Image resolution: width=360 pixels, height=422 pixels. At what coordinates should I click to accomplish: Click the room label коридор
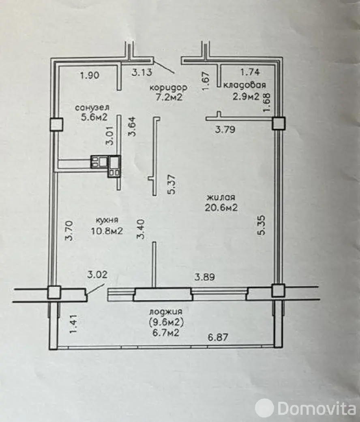pos(168,87)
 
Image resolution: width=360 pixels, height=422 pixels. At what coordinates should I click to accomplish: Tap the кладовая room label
pos(245,85)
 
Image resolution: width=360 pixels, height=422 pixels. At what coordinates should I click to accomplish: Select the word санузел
pos(92,107)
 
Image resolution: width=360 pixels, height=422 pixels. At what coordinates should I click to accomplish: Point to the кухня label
pos(107,220)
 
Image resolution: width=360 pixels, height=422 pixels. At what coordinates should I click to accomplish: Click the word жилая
pos(221,197)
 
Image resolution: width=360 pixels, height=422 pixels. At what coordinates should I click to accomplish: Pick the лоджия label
pos(166,312)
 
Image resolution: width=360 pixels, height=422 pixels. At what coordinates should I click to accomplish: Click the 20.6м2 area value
pos(221,208)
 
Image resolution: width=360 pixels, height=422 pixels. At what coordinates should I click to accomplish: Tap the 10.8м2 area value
pos(107,231)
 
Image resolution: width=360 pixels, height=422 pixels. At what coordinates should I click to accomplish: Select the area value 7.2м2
pos(169,97)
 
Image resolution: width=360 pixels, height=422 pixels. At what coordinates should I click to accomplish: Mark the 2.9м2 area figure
pos(246,96)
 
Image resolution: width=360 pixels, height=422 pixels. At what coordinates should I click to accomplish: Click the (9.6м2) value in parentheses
pos(166,322)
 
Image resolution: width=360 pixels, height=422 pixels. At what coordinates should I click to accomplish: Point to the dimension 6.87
pos(218,337)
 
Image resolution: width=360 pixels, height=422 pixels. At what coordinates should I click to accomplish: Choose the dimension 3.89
pos(205,277)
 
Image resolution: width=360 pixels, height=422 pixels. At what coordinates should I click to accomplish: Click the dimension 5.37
pos(171,184)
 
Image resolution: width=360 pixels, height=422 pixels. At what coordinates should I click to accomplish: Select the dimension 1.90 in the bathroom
pos(90,75)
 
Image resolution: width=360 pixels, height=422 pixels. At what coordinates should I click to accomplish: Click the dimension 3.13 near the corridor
pos(142,72)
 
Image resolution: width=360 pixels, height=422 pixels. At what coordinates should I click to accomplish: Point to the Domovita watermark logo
pos(305,409)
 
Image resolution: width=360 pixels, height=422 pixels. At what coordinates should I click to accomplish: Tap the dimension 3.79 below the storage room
pos(225,130)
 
